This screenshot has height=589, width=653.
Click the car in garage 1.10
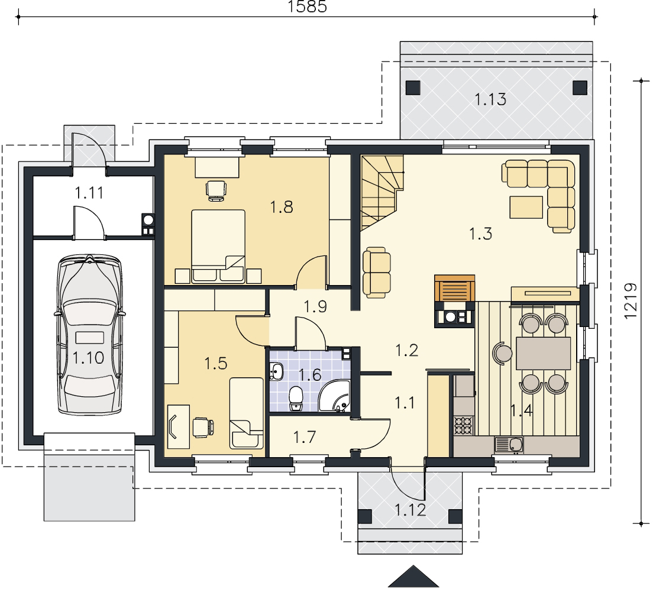coord(89,335)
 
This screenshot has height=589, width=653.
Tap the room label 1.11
coord(89,193)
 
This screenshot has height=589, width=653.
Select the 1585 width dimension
coord(308,7)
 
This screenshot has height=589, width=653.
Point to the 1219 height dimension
coord(631,301)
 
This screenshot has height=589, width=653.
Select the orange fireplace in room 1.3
coord(454,287)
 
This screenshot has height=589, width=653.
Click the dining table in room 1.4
coord(543,353)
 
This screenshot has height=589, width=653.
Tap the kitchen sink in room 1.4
coord(509,445)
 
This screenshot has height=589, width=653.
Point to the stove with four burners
coord(464,426)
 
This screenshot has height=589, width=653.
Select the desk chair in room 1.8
coord(216,190)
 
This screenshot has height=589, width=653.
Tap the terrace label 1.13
coord(490,99)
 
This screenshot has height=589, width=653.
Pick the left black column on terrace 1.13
coord(413,88)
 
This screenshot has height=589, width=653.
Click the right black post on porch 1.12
coord(455,516)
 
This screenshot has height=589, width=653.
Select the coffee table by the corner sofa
coord(526,207)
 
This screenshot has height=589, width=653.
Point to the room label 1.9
coord(315,307)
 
